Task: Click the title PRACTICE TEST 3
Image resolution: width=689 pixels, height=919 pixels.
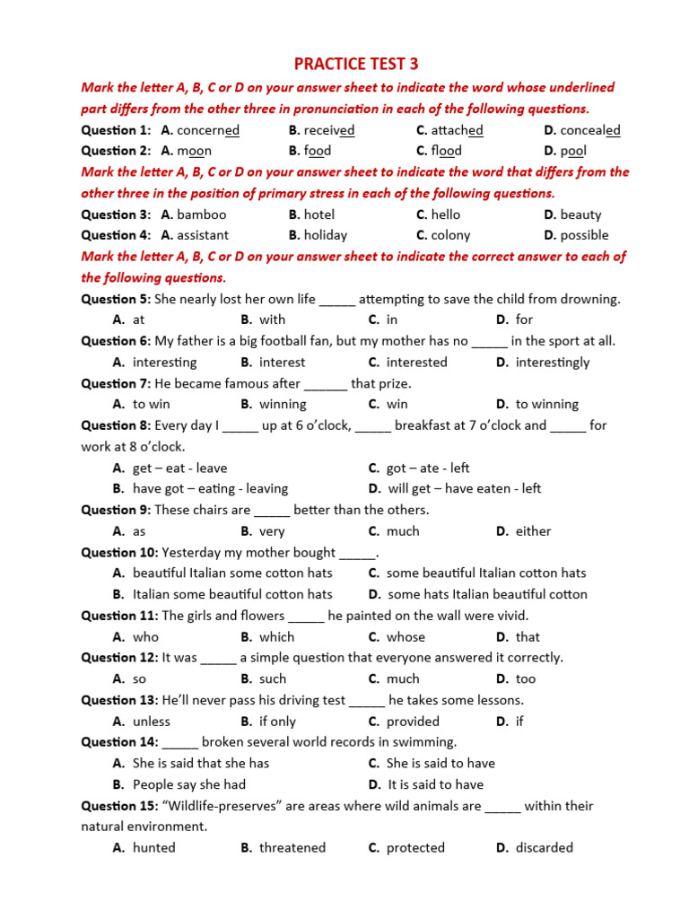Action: (356, 64)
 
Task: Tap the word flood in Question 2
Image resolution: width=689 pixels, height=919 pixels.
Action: (446, 151)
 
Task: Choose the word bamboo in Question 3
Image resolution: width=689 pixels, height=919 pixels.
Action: (202, 214)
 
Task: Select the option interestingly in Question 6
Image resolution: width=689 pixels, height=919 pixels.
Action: (553, 363)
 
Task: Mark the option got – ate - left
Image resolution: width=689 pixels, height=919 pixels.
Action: (428, 468)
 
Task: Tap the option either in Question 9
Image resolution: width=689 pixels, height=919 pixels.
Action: (534, 531)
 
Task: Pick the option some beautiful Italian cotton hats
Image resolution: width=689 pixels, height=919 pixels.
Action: (486, 573)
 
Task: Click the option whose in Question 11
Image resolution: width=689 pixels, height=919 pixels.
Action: (406, 637)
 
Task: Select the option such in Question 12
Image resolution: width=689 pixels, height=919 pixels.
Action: (273, 679)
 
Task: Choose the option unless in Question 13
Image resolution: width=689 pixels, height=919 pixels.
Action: (152, 722)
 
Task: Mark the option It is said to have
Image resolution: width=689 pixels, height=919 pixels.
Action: (435, 784)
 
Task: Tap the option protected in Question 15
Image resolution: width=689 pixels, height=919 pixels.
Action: (415, 848)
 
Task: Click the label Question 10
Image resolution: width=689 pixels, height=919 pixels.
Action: (119, 553)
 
